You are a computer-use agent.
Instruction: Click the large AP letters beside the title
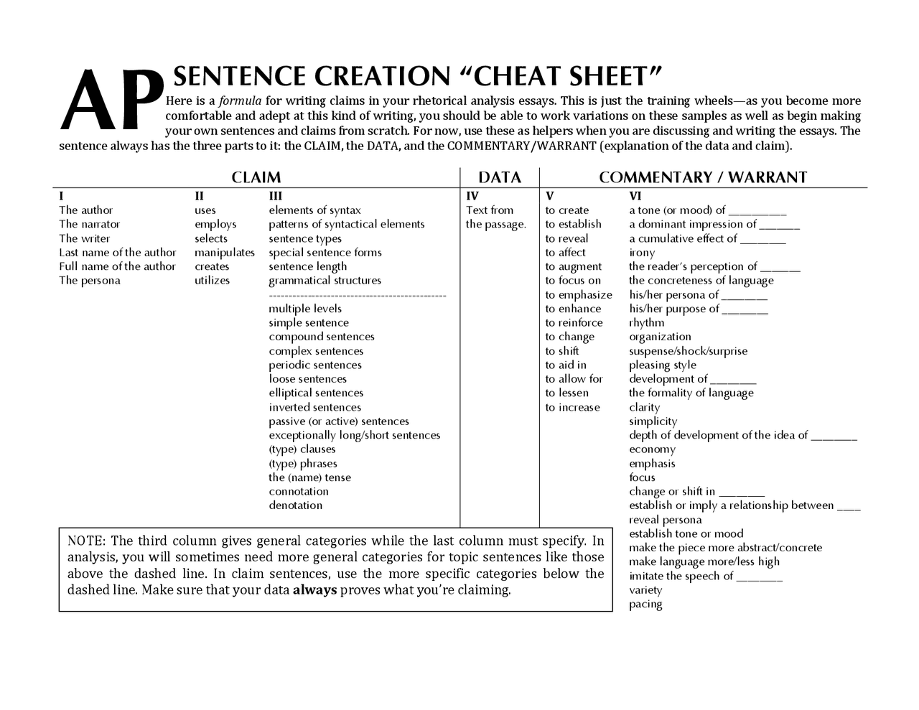coord(111,101)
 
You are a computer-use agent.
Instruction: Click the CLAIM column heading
coord(256,177)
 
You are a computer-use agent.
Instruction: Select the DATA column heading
coord(499,177)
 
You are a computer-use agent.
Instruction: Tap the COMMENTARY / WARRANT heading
coord(703,177)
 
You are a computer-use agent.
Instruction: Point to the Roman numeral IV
coord(472,196)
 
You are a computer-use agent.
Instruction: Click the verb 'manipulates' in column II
coord(224,253)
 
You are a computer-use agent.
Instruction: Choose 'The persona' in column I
coord(90,281)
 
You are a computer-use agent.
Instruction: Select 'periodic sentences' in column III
coord(315,365)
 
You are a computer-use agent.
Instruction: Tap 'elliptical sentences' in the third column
coord(316,393)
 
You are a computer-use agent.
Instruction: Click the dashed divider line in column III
coord(357,295)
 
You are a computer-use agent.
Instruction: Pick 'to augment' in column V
coord(573,266)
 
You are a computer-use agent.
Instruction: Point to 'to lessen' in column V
coord(566,393)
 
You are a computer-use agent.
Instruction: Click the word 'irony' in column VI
coord(642,253)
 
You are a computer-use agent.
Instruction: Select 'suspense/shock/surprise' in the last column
coord(688,351)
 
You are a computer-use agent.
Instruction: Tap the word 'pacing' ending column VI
coord(645,604)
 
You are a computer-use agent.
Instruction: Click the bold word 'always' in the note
coord(314,590)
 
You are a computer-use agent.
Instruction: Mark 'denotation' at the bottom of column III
coord(296,505)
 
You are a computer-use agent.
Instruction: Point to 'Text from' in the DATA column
coord(490,210)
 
